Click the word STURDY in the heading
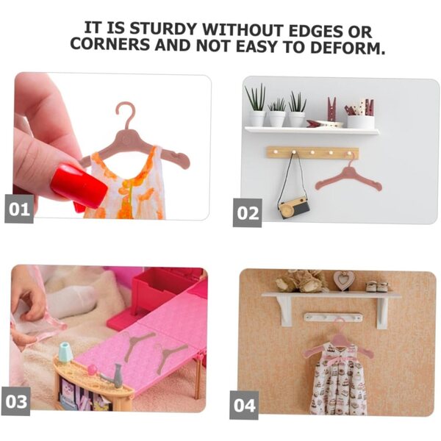(x=163, y=29)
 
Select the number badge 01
(x=19, y=209)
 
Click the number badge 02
(x=247, y=212)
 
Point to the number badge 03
(x=16, y=401)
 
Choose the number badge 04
(x=244, y=405)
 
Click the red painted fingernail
(x=79, y=186)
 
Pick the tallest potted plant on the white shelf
(x=256, y=106)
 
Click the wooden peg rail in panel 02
(x=312, y=152)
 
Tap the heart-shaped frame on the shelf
(x=343, y=280)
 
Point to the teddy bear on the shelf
(x=301, y=281)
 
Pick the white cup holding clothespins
(x=361, y=121)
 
